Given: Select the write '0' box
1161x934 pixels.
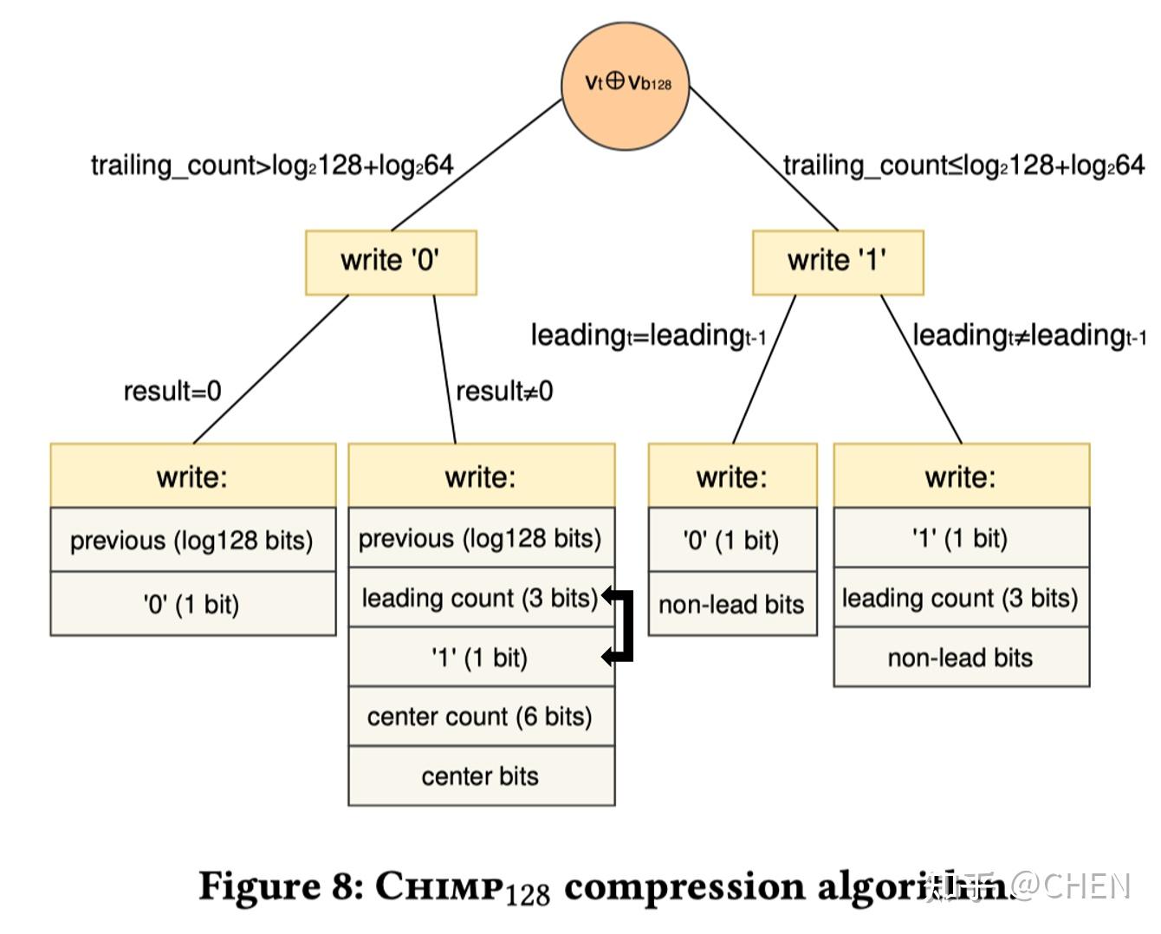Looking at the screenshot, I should pos(391,262).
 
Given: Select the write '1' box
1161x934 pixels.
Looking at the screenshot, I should pos(838,262).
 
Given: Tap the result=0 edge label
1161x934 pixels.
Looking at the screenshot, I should pos(172,392).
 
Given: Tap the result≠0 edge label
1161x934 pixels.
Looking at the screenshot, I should pos(504,392).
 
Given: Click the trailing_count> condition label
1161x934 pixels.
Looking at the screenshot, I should pos(272,165).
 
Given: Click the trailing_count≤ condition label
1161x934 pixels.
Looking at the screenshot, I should pos(963,165).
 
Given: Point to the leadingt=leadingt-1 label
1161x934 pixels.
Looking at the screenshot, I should pos(648,335).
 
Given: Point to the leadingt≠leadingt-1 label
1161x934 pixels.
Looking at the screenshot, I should pos(1029,335).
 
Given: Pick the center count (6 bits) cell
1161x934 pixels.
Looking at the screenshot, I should pos(481,717).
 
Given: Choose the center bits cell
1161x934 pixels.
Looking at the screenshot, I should pos(481,776).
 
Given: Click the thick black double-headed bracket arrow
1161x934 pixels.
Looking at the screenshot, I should pos(626,626).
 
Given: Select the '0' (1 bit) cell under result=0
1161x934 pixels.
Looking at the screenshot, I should pos(192,604).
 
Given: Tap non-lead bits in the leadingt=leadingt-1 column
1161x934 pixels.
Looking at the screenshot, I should pos(732,604).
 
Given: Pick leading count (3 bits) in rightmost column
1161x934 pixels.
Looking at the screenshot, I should pos(960,598).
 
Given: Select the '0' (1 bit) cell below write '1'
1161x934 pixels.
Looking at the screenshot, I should pos(732,541).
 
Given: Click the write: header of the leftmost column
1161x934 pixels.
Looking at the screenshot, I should pos(192,477).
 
